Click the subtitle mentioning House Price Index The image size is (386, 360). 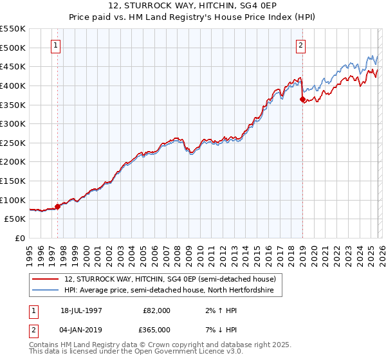192,17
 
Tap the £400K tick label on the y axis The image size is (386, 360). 13,85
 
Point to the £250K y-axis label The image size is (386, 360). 13,143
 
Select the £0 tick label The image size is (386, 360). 19,238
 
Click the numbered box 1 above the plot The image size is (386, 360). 57,46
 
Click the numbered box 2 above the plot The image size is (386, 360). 300,46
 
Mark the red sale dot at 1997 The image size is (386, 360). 58,206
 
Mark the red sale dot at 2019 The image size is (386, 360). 302,99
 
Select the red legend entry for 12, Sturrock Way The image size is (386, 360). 170,279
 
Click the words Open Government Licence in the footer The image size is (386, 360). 193,352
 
